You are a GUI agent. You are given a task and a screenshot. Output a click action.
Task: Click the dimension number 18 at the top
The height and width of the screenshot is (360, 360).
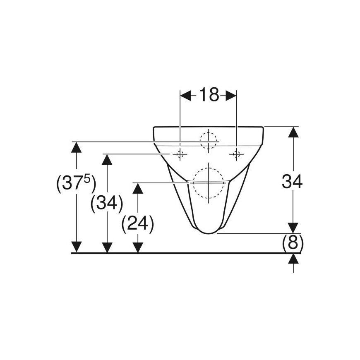pos(209,95)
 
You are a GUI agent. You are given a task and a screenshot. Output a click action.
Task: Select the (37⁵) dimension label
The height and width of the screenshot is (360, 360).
pos(76,184)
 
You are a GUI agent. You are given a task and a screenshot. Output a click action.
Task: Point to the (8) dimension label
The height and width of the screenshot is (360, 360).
pos(293,243)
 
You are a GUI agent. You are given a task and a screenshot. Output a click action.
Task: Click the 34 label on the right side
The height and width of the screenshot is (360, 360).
pos(292,181)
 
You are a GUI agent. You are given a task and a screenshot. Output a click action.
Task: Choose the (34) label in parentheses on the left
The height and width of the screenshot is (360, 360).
pos(107,204)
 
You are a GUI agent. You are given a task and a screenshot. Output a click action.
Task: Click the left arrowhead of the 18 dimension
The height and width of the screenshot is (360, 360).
pos(185,96)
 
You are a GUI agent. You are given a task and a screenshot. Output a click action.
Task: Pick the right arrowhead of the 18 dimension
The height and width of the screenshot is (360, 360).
pos(231,96)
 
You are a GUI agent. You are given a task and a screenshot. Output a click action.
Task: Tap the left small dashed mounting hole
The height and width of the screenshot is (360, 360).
pos(180,154)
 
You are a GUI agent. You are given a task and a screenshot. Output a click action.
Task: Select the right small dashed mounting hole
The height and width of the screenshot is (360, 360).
pos(236,154)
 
